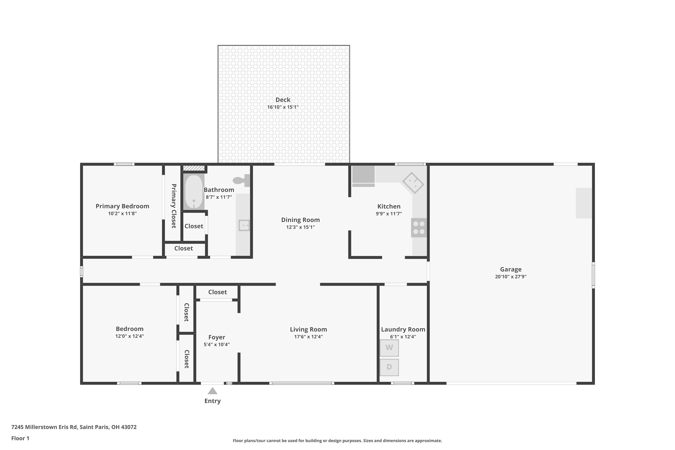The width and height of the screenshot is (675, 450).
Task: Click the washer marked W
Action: click(389, 348)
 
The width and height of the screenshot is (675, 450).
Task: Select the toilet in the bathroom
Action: click(241, 180)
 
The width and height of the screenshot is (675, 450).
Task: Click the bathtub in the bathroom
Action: click(194, 192)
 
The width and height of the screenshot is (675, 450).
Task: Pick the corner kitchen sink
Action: click(413, 182)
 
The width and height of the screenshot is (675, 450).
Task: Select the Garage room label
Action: click(511, 269)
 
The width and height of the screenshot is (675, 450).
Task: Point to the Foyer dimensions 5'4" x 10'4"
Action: click(216, 344)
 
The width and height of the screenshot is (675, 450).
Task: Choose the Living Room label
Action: click(308, 329)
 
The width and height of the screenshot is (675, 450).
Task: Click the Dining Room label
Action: click(300, 220)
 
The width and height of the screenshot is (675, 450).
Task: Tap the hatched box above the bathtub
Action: click(194, 168)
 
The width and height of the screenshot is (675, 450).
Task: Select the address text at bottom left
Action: click(74, 427)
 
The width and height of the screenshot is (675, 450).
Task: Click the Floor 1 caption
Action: click(20, 438)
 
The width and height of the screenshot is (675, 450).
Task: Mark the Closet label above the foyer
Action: click(217, 292)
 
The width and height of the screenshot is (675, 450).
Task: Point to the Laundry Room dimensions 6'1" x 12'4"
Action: click(403, 337)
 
